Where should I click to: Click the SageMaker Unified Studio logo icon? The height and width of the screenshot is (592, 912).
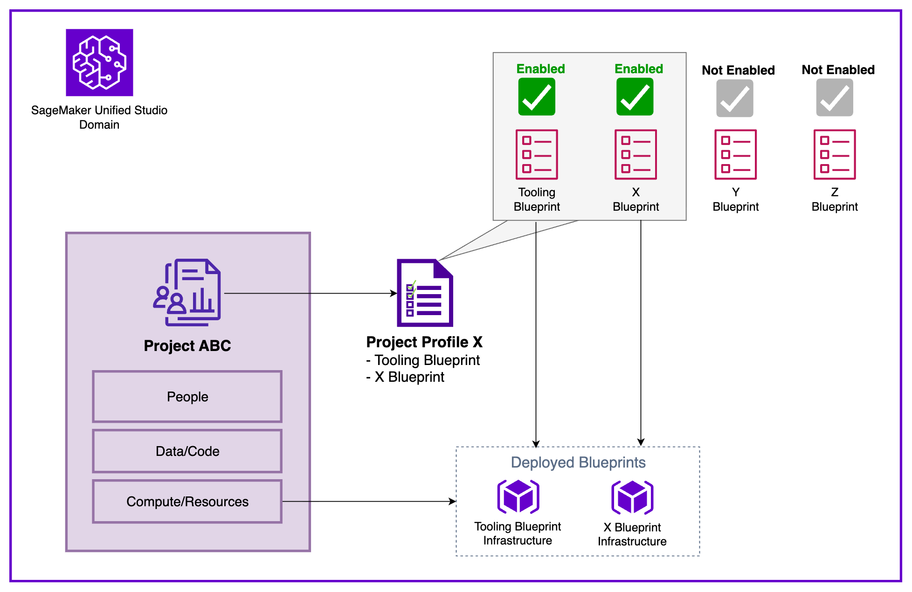tap(99, 62)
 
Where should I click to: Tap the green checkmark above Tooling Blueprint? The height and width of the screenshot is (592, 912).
tap(537, 96)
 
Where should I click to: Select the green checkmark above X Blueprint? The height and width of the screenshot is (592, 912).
tap(635, 96)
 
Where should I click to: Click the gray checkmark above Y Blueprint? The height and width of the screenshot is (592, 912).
tap(735, 98)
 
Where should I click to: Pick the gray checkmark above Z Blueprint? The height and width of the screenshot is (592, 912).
tap(835, 97)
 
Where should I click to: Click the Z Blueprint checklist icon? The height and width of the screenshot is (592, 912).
tap(835, 154)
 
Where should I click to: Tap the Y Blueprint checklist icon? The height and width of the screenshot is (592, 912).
tap(735, 154)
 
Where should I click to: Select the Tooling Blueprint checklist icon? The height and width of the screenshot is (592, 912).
tap(537, 154)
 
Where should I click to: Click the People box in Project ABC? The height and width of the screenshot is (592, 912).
tap(187, 397)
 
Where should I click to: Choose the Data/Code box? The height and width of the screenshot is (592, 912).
tap(187, 451)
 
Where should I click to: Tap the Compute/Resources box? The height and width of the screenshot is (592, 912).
tap(187, 502)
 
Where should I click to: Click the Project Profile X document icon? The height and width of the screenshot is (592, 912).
tap(425, 293)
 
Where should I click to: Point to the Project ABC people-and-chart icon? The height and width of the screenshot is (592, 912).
tap(187, 292)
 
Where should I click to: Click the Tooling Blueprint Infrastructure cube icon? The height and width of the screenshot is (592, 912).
tap(518, 497)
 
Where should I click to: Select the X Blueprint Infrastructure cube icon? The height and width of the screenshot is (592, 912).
tap(632, 497)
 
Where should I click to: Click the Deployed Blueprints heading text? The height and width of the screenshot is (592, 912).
tap(578, 462)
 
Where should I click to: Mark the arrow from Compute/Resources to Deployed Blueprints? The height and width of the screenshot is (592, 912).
tap(368, 502)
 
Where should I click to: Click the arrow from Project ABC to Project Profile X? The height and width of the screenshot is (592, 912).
tap(310, 293)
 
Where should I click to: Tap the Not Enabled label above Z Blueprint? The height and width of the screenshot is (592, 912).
tap(838, 70)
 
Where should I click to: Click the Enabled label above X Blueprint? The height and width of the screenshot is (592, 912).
tap(638, 69)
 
